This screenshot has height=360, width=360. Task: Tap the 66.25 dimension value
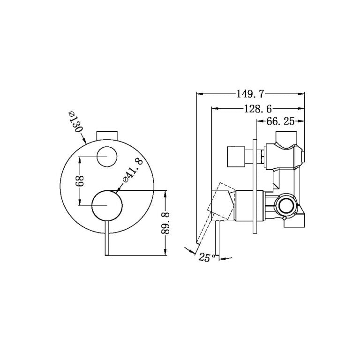coord(280,122)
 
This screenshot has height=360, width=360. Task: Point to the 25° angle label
coord(206,257)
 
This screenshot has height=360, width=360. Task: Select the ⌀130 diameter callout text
coord(74,122)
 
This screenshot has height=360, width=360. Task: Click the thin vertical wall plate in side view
coord(255,185)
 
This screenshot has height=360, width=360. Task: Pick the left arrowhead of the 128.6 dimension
coord(215,108)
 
